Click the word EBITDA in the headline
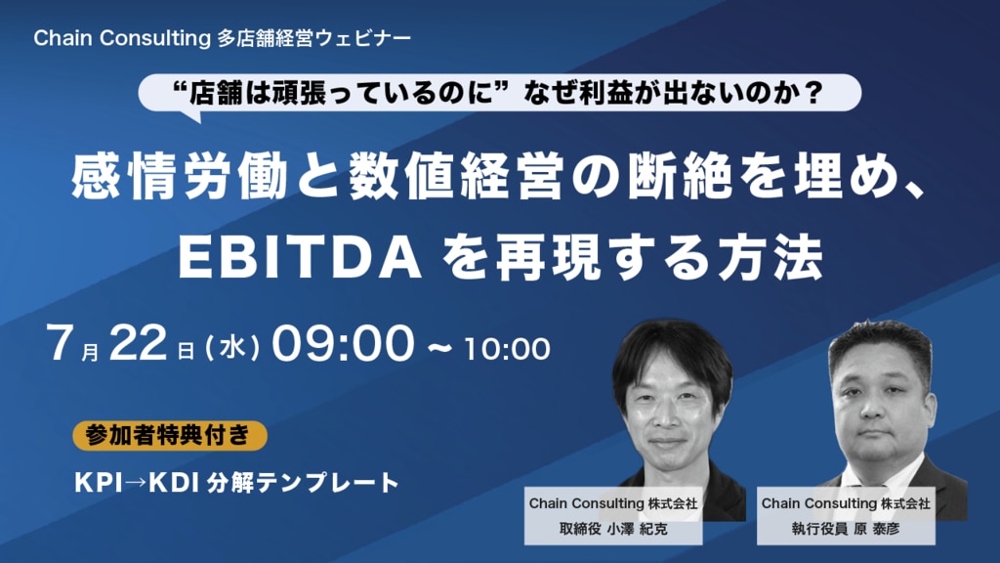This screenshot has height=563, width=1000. (299, 258)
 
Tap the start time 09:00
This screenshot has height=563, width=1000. (343, 343)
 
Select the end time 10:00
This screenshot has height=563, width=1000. (507, 349)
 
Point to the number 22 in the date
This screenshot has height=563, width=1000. (138, 343)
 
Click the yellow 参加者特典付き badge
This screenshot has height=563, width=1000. (169, 435)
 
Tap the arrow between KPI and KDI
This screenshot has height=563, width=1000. (135, 483)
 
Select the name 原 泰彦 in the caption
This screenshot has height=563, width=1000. (876, 529)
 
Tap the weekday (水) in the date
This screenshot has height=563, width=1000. (232, 349)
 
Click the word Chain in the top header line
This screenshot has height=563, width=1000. (63, 38)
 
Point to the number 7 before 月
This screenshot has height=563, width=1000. (59, 343)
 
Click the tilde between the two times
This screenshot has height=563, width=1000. (438, 349)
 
